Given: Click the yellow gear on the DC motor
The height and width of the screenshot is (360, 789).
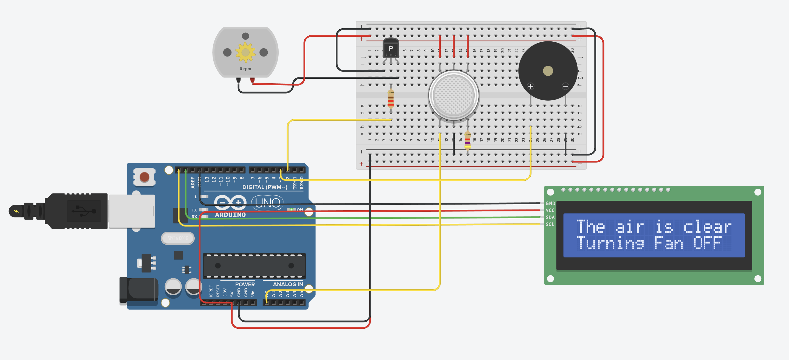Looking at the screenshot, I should point(245,52).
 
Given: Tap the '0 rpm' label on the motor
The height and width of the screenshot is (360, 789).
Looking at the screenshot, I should point(245,69).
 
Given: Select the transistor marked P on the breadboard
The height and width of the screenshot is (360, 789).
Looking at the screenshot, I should point(391,49).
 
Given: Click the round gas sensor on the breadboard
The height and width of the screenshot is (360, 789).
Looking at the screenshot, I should point(454,95).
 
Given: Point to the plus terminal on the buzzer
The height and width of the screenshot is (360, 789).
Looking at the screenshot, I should point(530,86).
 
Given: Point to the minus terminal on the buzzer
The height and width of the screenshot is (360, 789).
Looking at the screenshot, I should point(565,86).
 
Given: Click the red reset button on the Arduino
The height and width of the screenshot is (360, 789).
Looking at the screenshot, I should point(144,177).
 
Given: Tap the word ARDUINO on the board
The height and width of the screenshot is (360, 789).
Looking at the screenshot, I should point(230,215).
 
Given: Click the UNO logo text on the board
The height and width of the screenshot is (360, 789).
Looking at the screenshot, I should point(267,203).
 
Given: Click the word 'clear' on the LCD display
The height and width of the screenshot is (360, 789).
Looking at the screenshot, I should point(707,227).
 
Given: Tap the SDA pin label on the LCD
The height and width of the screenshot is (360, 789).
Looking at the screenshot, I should point(550,217).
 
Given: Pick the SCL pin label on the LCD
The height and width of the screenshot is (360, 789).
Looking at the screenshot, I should point(550,224).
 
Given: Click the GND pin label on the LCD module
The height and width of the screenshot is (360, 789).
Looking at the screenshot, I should point(550,203).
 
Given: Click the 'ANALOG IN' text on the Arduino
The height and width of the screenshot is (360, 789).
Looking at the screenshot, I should point(288,284).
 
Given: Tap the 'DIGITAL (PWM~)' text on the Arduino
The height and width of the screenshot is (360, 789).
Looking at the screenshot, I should point(265,187).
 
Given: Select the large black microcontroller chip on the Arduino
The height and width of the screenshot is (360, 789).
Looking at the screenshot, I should point(254,266).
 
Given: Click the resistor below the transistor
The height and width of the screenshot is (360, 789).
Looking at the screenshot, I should point(391,99).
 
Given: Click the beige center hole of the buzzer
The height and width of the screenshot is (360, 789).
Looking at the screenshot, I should point(548,71).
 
